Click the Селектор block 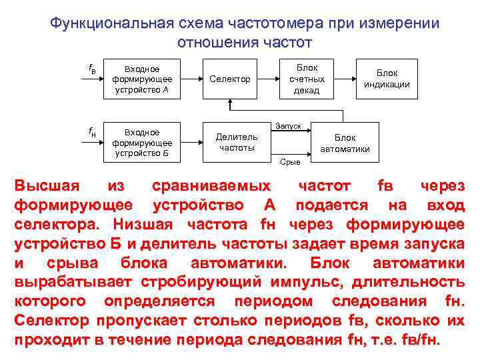click(229, 79)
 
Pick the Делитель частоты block click(237, 141)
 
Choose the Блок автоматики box click(345, 143)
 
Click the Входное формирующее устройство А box click(141, 79)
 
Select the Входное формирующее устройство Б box click(141, 143)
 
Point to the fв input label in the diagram click(93, 68)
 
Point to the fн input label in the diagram click(93, 132)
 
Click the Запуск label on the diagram click(288, 125)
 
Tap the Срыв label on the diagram click(289, 161)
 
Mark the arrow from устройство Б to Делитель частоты click(191, 143)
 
